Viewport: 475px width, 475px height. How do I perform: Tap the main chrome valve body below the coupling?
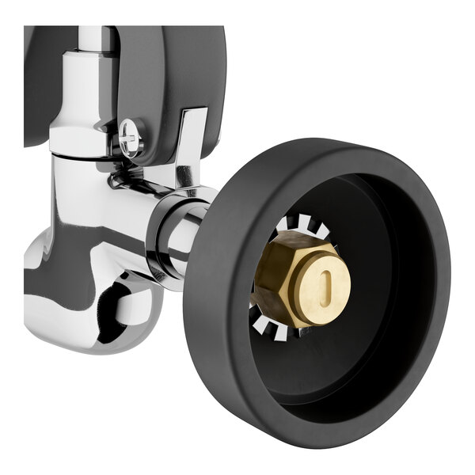79,198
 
